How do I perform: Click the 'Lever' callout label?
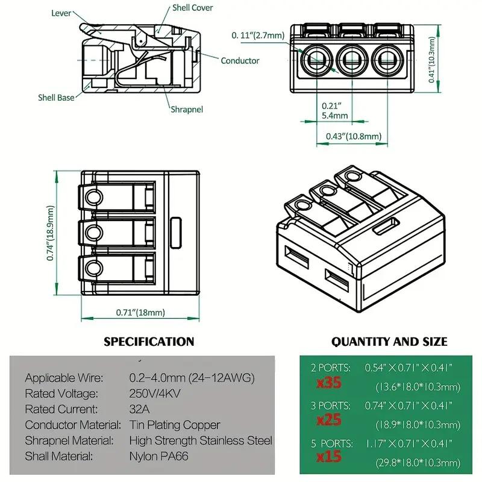click(63, 12)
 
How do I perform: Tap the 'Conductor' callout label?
click(240, 60)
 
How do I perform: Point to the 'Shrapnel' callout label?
click(186, 109)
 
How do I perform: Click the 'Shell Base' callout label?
click(57, 97)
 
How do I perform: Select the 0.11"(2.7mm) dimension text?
click(258, 36)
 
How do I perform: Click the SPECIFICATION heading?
click(149, 342)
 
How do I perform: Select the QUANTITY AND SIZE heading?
click(389, 342)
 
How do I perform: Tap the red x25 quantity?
click(330, 419)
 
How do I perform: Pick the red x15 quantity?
click(330, 457)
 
